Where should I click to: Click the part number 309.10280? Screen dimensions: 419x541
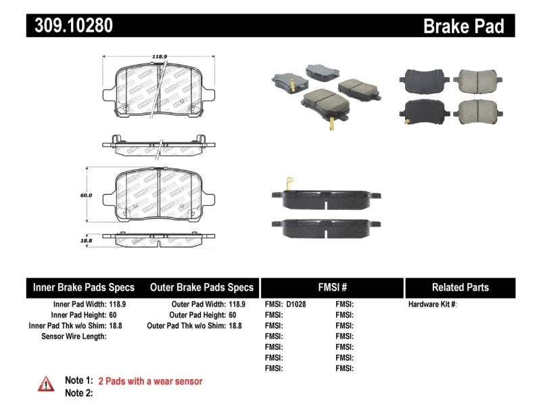(x=70, y=26)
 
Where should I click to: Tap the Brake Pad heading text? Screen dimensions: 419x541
(x=463, y=26)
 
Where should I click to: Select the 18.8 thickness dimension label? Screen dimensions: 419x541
(x=87, y=240)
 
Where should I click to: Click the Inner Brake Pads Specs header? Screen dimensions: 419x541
(x=84, y=287)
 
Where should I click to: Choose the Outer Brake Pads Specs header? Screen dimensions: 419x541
(x=202, y=287)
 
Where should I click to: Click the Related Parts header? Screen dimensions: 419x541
(x=460, y=287)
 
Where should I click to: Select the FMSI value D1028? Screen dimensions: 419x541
(x=296, y=305)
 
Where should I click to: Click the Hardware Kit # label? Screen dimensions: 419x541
(x=432, y=305)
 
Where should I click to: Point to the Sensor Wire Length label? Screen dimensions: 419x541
(x=74, y=336)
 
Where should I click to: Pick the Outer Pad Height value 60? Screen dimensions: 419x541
(x=232, y=315)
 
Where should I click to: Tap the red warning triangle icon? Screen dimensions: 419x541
(x=46, y=384)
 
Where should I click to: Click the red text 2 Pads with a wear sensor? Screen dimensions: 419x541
(x=150, y=382)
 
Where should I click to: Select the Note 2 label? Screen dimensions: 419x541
(x=78, y=393)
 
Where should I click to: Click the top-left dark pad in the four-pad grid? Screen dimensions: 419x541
(x=420, y=80)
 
